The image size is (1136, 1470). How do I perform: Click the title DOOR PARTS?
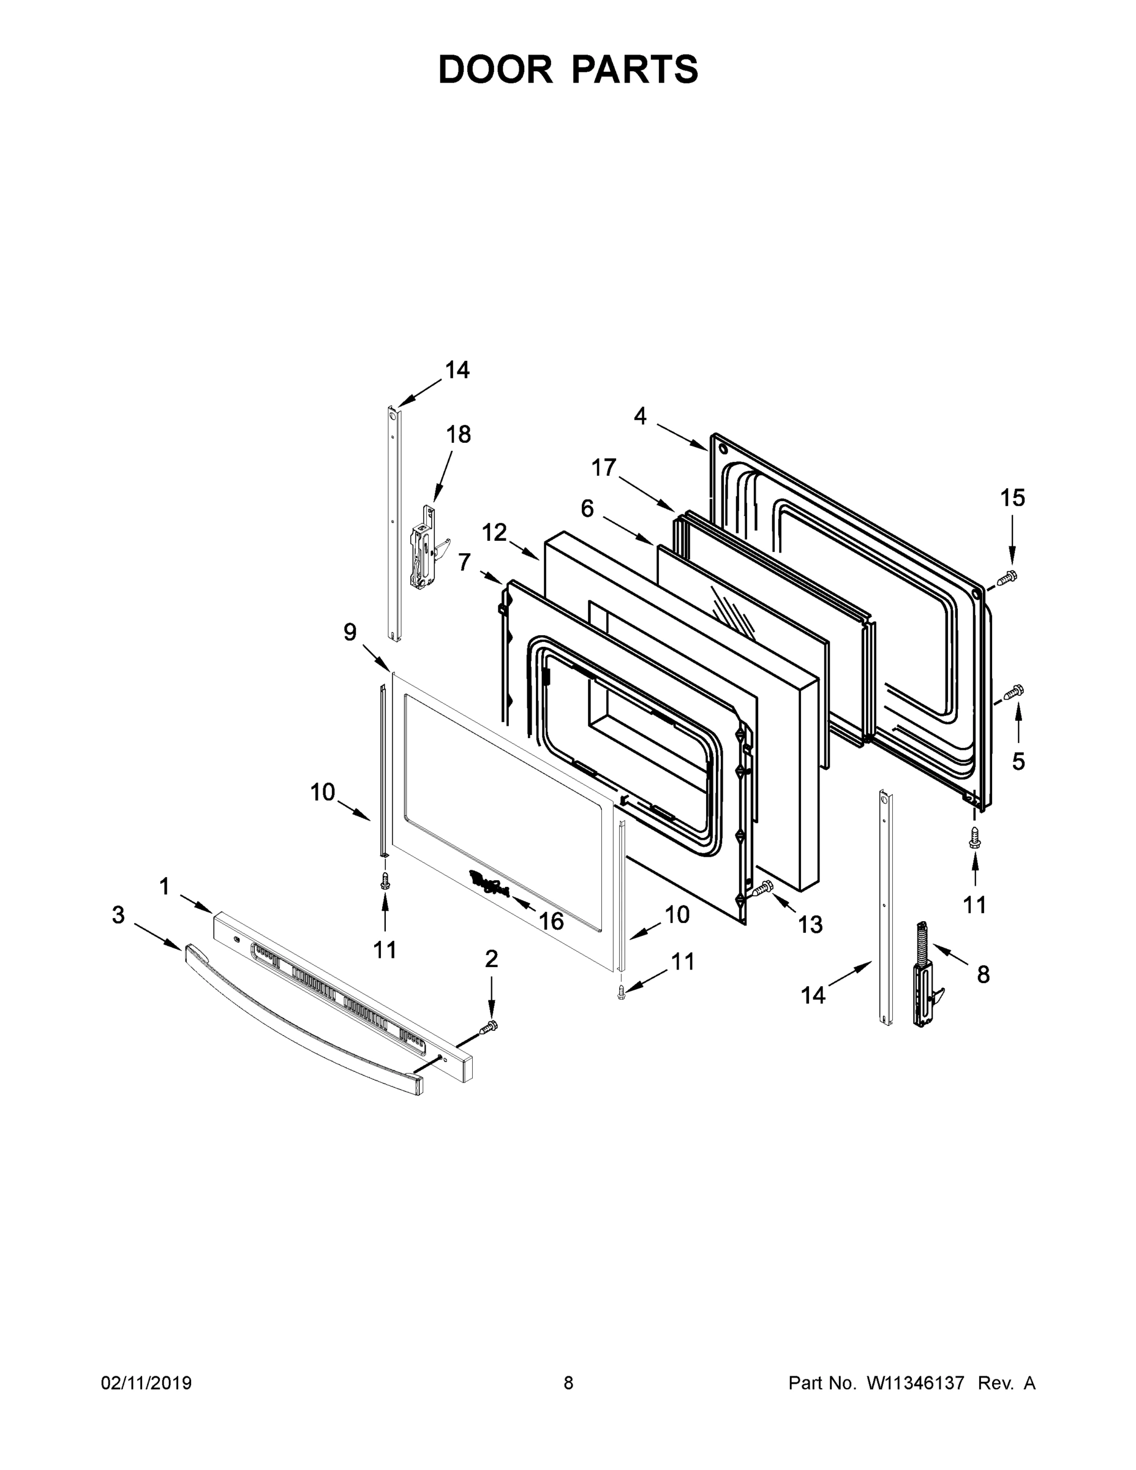coord(568,69)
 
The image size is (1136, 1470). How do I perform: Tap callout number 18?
coord(458,435)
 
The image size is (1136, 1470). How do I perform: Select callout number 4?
coord(640,417)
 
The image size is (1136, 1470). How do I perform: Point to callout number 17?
coord(604,467)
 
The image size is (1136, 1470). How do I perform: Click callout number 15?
coord(1012,498)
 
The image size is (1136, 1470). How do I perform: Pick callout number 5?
coord(1018,761)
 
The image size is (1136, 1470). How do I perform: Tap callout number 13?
coord(810,925)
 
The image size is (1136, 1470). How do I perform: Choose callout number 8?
coord(984,974)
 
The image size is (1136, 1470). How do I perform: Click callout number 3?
coord(118,914)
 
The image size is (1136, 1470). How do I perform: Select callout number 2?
coord(491,959)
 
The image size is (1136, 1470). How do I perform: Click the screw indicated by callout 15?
coord(1007,578)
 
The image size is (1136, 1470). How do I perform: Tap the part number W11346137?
coord(916,1383)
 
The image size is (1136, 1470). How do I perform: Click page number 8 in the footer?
coord(568,1383)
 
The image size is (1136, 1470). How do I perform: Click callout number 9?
coord(350,632)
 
